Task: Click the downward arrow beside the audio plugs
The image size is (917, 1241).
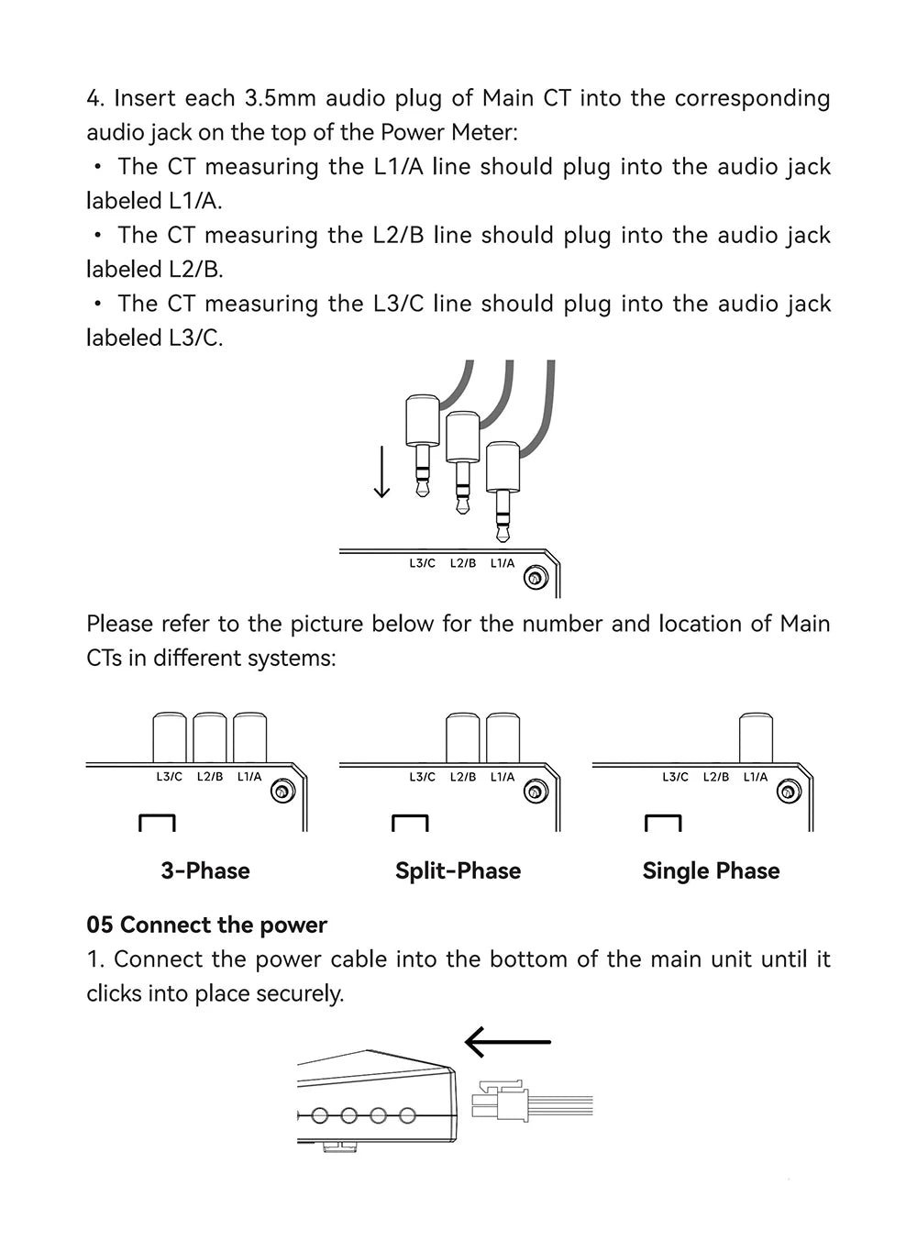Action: click(x=381, y=469)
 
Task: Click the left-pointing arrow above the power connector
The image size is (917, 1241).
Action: click(x=507, y=1041)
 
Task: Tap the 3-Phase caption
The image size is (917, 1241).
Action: click(x=205, y=870)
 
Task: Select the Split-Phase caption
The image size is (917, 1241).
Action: click(x=458, y=870)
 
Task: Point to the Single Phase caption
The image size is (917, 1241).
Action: click(x=711, y=870)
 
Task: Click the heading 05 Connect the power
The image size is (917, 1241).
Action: click(x=206, y=925)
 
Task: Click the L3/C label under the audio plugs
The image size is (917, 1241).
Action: click(x=422, y=563)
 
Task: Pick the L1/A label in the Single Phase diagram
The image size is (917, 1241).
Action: click(x=756, y=777)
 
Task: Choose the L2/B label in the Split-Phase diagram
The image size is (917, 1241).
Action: click(x=463, y=777)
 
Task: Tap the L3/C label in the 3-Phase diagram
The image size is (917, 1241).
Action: click(x=170, y=777)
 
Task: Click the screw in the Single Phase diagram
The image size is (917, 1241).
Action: click(x=789, y=791)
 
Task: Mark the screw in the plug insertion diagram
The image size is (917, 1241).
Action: click(x=536, y=577)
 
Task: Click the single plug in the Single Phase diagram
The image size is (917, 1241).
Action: click(x=756, y=737)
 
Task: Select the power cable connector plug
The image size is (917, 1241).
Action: click(x=500, y=1101)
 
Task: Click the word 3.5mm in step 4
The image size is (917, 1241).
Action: click(x=280, y=98)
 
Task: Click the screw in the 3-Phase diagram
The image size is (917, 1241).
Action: click(x=282, y=791)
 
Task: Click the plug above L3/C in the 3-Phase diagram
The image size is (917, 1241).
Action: click(x=170, y=737)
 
